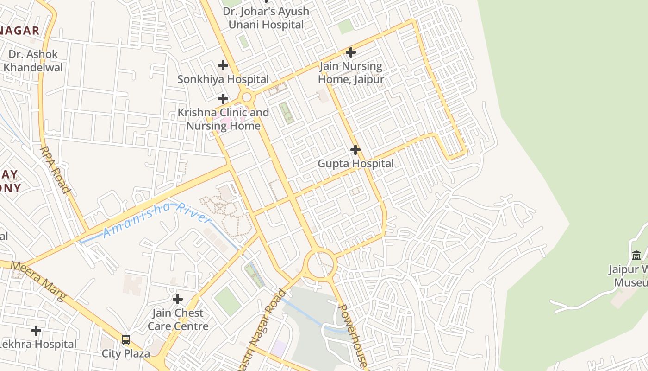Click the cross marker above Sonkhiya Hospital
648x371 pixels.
(223, 65)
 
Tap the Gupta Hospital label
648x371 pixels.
(355, 163)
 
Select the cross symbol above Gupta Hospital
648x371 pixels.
(355, 150)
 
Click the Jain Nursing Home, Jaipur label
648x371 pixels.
(351, 73)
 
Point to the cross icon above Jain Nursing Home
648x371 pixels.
(351, 52)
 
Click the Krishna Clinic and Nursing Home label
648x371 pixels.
(223, 119)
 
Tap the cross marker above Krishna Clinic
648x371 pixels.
(223, 99)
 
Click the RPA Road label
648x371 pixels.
(55, 170)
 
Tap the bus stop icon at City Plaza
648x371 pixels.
(125, 340)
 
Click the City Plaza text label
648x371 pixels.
(126, 354)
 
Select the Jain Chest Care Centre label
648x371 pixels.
(178, 320)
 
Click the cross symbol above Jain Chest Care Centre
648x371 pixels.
(177, 299)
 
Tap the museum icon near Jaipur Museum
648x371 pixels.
(636, 255)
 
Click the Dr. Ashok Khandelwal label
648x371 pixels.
(33, 61)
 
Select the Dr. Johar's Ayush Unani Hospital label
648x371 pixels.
(266, 18)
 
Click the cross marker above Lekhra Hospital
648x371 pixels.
(36, 331)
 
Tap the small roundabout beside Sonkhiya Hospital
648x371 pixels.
(247, 97)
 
